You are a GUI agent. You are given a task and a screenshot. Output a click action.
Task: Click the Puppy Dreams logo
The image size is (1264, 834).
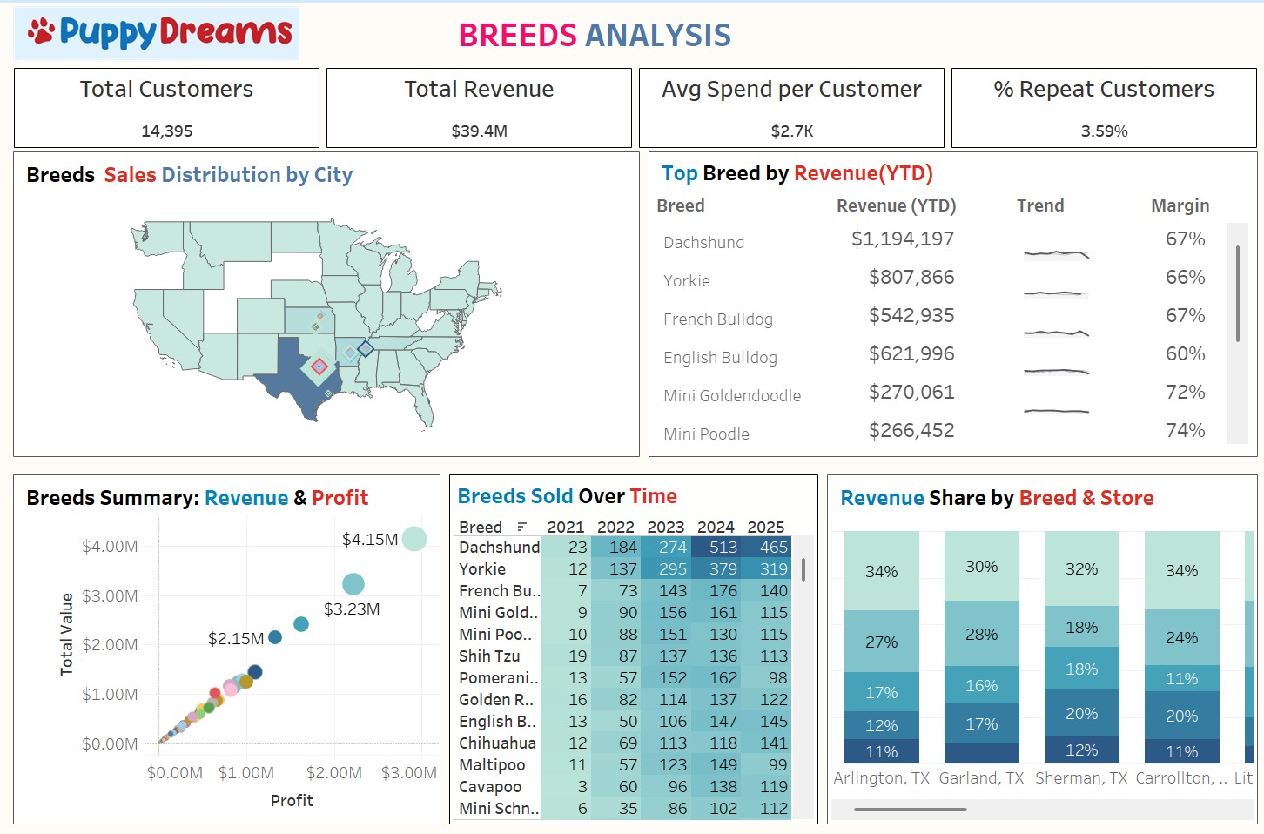158,33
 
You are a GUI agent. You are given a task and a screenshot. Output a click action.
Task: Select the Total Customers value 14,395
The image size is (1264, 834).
166,131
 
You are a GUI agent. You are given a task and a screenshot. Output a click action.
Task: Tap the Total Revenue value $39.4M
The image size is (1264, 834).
479,131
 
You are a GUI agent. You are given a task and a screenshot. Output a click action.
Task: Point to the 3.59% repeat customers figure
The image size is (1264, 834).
1104,131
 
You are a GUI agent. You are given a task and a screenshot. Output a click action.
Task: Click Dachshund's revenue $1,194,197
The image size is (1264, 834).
902,239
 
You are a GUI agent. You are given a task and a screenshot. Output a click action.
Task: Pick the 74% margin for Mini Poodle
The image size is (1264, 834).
1185,431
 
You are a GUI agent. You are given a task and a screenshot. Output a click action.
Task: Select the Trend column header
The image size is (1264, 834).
1039,205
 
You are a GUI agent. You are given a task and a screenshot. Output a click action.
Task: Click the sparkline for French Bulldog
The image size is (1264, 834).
1056,333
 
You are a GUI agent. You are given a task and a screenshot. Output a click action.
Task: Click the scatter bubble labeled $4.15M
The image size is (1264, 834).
414,539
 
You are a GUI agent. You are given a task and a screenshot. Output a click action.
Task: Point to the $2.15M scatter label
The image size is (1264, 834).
236,639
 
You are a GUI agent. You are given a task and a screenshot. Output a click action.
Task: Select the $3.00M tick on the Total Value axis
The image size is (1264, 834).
110,596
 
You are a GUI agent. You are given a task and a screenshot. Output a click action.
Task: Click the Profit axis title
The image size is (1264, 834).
292,801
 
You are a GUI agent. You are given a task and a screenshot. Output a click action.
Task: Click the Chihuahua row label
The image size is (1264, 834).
497,743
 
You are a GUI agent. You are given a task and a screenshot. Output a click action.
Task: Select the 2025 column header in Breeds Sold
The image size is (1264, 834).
765,527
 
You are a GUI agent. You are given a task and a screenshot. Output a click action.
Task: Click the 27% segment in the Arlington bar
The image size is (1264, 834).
881,642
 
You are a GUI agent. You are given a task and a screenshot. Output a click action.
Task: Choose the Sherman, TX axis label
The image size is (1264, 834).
1081,778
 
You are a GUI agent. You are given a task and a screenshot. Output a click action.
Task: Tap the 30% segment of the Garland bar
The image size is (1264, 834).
981,567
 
